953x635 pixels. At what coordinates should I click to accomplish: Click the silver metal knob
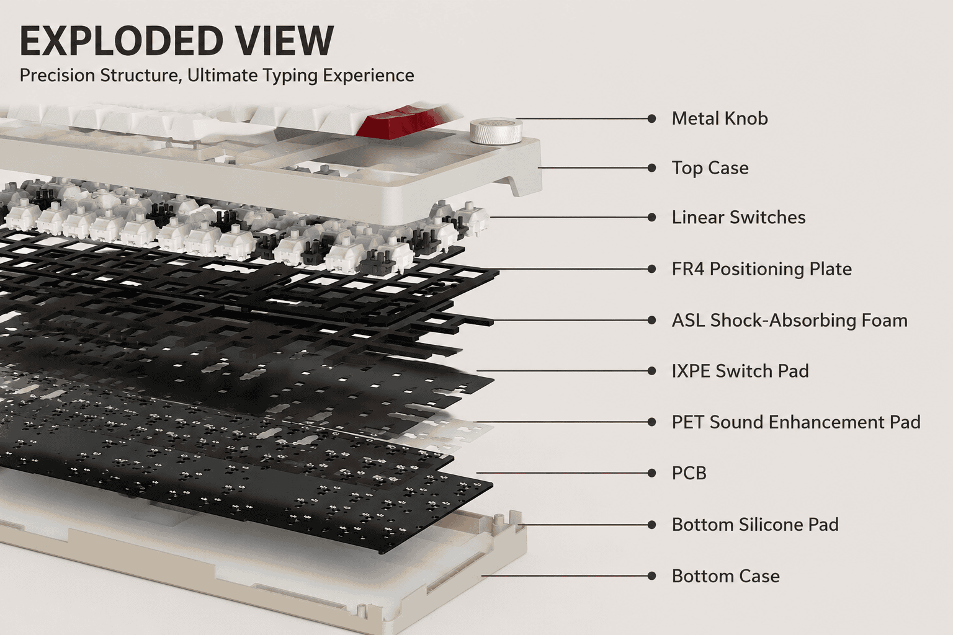click(x=496, y=132)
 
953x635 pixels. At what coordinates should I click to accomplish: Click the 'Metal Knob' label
click(x=720, y=118)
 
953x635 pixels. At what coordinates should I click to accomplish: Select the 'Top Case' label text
click(x=710, y=168)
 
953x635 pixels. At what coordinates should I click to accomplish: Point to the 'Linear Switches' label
click(x=738, y=217)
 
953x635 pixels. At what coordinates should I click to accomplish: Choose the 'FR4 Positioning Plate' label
click(x=761, y=269)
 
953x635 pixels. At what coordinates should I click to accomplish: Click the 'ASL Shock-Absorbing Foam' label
click(x=790, y=320)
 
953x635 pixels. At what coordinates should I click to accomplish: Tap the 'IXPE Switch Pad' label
click(x=740, y=371)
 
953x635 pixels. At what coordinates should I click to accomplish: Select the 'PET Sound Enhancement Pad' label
click(x=796, y=422)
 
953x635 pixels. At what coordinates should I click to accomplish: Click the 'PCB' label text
click(x=689, y=473)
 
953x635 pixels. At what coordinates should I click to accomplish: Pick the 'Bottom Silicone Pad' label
click(x=755, y=525)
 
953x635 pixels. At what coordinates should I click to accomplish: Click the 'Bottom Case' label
click(x=726, y=576)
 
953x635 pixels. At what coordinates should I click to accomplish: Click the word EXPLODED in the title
click(x=122, y=41)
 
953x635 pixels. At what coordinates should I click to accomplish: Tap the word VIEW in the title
click(x=285, y=41)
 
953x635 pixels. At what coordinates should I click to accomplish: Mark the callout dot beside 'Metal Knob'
click(x=651, y=118)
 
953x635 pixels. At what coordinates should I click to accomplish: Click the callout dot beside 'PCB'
click(x=651, y=473)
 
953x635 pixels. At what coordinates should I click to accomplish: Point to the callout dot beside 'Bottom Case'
click(x=651, y=576)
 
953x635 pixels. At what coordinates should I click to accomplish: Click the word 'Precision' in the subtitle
click(x=58, y=75)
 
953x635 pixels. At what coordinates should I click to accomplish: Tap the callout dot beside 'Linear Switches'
click(x=651, y=217)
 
